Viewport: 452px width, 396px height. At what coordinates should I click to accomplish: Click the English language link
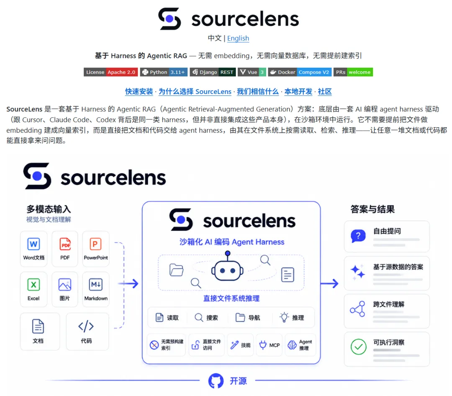(x=238, y=39)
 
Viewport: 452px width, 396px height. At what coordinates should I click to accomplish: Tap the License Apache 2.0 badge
(x=110, y=72)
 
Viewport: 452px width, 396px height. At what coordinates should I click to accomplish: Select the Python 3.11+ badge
(x=164, y=72)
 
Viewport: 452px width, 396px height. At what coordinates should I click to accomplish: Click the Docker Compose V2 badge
(x=300, y=72)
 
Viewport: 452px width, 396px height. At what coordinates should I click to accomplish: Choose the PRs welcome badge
(x=353, y=72)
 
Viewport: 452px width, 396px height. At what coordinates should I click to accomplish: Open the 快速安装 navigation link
(x=139, y=92)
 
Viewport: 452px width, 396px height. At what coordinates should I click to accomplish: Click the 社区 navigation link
(x=325, y=92)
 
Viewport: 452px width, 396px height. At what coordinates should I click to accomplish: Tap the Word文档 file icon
(x=33, y=244)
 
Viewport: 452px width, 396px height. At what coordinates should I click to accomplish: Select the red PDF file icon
(x=65, y=244)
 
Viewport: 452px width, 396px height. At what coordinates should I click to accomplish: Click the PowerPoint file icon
(x=95, y=244)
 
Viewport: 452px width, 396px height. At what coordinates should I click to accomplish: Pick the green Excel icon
(x=33, y=285)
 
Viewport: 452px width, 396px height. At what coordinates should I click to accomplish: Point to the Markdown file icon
(x=96, y=285)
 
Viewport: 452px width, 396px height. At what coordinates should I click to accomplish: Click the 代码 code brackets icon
(x=86, y=326)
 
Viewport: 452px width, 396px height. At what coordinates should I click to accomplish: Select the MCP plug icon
(x=263, y=345)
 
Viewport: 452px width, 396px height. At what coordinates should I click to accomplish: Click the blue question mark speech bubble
(x=358, y=236)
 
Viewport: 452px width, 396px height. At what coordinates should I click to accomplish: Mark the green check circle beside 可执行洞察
(x=358, y=347)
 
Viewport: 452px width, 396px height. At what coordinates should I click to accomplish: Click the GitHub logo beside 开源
(x=216, y=381)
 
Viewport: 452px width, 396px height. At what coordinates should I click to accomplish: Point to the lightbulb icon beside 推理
(x=284, y=317)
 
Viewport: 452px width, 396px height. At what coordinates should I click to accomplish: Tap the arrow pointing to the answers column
(x=329, y=283)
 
